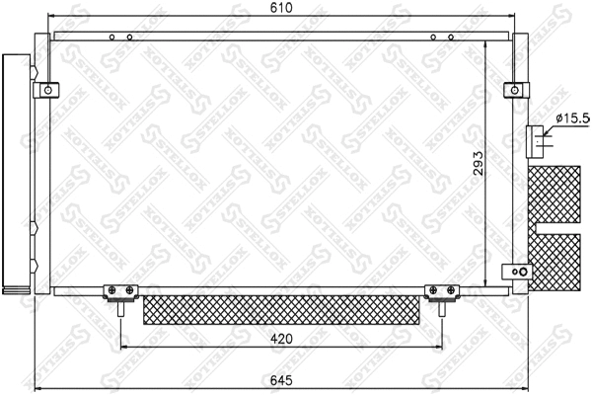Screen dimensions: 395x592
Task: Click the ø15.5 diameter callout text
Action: coord(571,118)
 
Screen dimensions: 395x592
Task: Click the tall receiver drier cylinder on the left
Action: coord(15,173)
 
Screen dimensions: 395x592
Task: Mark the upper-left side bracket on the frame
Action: coord(44,90)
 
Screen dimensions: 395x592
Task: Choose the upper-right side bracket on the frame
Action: coord(512,90)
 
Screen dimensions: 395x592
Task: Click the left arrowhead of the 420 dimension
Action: coord(124,348)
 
